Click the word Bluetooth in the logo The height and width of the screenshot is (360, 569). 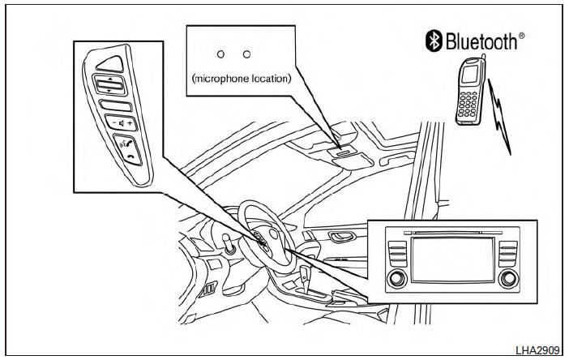click(x=482, y=41)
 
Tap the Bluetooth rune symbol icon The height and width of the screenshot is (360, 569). click(x=434, y=41)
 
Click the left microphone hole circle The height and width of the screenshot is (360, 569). click(x=220, y=54)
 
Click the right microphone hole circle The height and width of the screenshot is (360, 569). click(x=246, y=54)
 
